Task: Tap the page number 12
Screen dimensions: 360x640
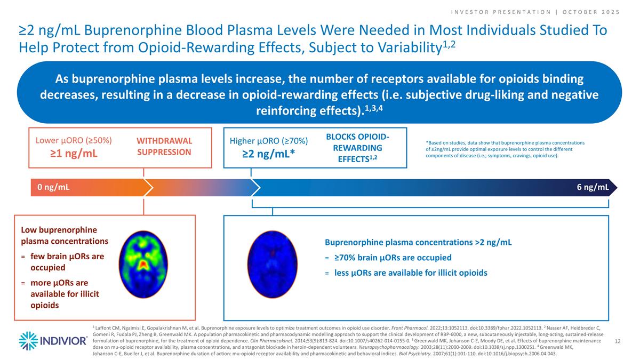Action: [619, 340]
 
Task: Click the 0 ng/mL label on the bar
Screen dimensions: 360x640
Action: [53, 187]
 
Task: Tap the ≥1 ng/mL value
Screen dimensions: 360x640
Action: [74, 155]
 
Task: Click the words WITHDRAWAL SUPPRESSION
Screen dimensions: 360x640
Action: [164, 147]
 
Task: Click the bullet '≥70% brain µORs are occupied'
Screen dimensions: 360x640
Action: [393, 258]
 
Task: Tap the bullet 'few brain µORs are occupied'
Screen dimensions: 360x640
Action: [67, 262]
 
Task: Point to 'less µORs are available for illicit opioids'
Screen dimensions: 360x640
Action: [411, 273]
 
